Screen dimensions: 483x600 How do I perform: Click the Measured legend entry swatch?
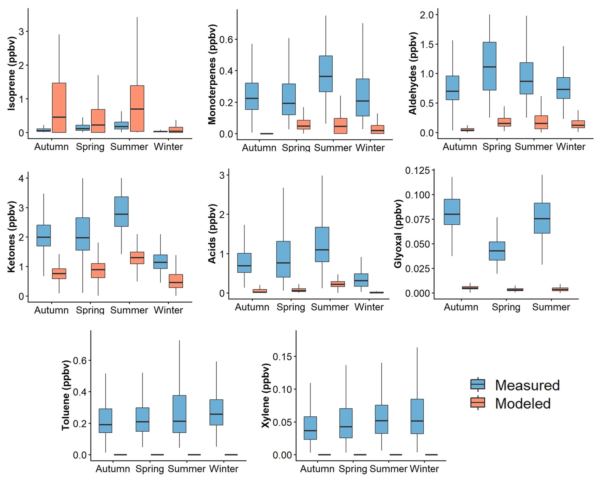pos(478,384)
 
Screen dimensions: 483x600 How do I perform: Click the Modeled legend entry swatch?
pos(478,403)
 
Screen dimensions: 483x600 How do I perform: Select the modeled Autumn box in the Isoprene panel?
pos(59,108)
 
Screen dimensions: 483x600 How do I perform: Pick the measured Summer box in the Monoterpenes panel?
pos(326,74)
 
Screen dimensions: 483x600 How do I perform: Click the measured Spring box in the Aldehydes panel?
pos(489,66)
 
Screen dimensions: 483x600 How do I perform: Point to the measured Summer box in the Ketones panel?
pos(121,211)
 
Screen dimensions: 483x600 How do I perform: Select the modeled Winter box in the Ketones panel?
pos(176,281)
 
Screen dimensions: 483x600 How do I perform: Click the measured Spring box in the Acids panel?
pos(283,259)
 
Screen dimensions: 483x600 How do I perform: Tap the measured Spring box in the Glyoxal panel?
pos(497,251)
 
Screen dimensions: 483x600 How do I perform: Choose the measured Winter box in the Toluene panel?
pos(216,412)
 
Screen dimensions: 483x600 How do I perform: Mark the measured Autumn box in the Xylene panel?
pos(310,428)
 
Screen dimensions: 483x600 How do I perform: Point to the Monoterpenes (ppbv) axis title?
pos(212,74)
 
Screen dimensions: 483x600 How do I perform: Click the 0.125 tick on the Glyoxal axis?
pos(417,171)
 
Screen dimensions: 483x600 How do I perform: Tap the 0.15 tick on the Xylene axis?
pos(282,357)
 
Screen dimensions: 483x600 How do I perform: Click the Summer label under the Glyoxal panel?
pos(551,307)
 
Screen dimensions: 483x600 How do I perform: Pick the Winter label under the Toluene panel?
pos(224,469)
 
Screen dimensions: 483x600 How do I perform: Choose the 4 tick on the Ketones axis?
pos(21,178)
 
